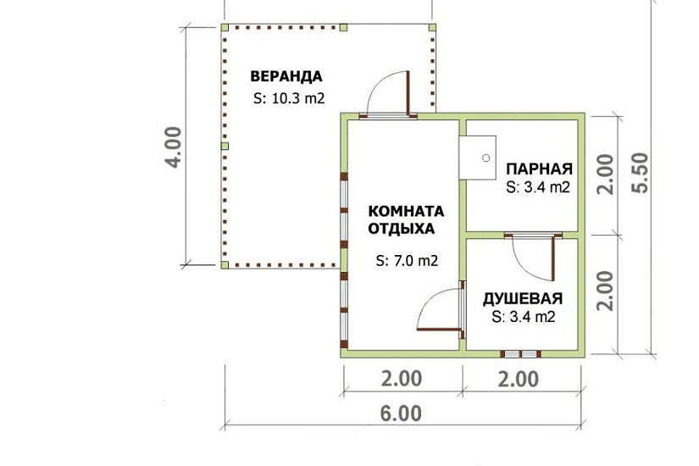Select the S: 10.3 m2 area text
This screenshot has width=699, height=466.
(288, 98)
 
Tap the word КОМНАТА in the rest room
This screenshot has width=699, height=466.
(406, 210)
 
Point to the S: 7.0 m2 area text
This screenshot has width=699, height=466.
(407, 261)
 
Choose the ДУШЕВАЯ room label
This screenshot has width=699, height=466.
(523, 299)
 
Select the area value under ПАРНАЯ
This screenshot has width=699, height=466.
(537, 187)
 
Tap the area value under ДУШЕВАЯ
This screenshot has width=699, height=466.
(523, 318)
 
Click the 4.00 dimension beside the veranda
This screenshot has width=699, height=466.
(174, 147)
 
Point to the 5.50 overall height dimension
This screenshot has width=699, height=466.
(641, 173)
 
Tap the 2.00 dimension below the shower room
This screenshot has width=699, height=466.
(519, 378)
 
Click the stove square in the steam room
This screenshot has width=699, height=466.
(478, 158)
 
